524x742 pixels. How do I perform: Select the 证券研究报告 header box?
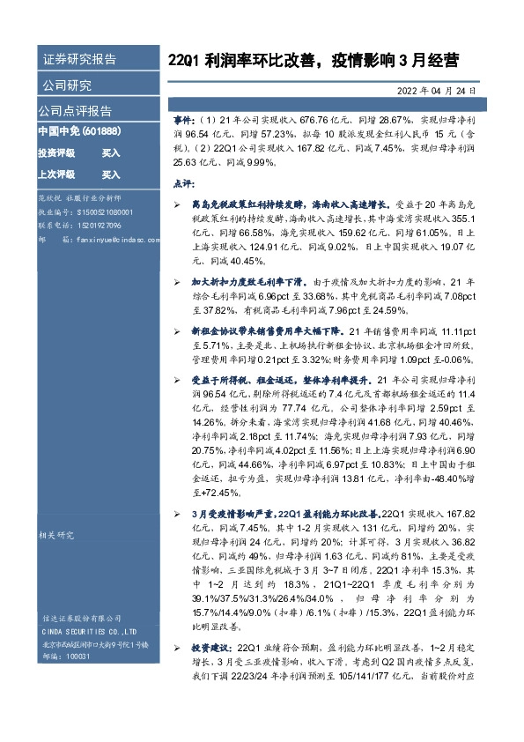pos(79,60)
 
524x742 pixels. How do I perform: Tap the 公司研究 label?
pos(67,85)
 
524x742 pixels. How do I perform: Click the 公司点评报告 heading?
pos(74,111)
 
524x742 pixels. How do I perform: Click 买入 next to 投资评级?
pos(111,152)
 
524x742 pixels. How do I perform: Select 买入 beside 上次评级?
pos(111,174)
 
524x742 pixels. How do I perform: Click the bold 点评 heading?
pos(181,183)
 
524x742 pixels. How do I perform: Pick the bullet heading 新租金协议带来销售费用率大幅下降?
pos(263,330)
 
